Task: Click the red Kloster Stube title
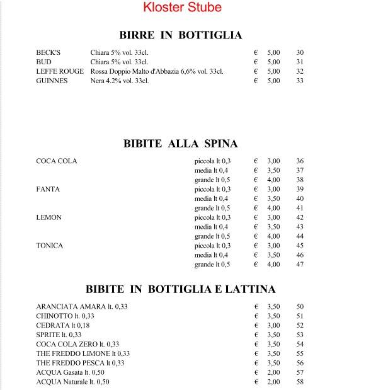183,8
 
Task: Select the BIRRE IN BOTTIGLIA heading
181,35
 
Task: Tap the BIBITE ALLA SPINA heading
180,143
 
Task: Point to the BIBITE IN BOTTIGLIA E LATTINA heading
181,289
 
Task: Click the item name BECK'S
49,53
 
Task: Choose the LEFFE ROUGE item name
60,72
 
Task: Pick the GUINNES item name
52,81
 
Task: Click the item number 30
300,53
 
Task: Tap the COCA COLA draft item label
57,161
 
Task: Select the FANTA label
48,189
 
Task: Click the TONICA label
50,246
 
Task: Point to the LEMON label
49,217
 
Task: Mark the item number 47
300,265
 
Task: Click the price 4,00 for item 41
273,208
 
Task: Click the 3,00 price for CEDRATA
273,326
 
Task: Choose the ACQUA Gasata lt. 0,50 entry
70,373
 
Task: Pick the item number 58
300,382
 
